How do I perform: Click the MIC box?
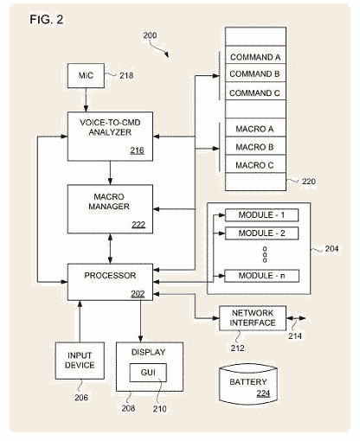(x=86, y=75)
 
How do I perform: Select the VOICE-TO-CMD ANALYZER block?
(x=110, y=137)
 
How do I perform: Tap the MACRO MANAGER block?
(x=110, y=209)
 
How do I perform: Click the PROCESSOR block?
(x=110, y=282)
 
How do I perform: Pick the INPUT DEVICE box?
(x=80, y=361)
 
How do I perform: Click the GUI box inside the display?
(x=148, y=373)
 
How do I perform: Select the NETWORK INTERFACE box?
(x=253, y=318)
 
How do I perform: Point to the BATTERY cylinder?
(x=248, y=385)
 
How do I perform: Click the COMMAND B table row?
(x=255, y=73)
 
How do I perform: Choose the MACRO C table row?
(x=255, y=164)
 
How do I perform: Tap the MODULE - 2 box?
(x=261, y=233)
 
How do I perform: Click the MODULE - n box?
(x=261, y=276)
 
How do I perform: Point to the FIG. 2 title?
(x=47, y=20)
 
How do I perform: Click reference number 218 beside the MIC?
(x=126, y=75)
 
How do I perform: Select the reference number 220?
(x=309, y=182)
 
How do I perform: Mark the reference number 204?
(x=331, y=248)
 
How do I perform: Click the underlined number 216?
(x=137, y=150)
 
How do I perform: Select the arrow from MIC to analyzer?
(x=86, y=99)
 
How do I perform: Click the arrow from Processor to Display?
(x=140, y=321)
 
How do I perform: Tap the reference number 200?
(x=150, y=35)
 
